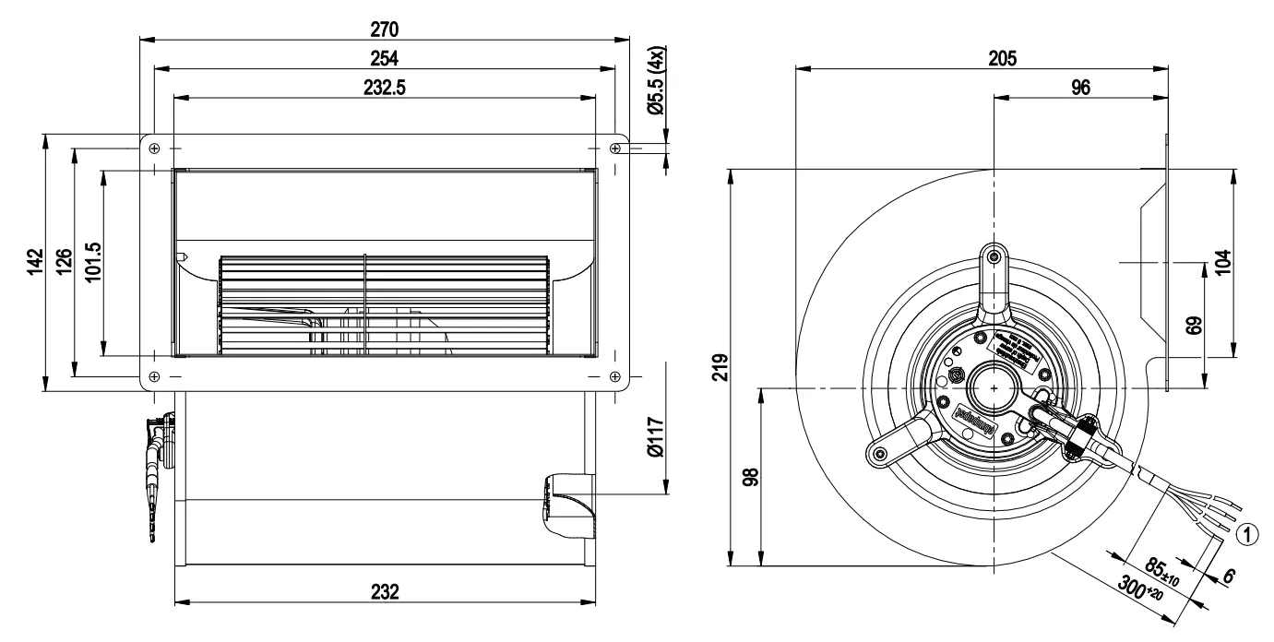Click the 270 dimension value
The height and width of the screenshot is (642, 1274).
coord(384,29)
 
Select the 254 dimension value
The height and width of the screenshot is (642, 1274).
coord(384,58)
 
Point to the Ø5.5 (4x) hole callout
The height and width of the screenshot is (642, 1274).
coord(656,80)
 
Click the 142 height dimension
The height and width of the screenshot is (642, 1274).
coord(33,263)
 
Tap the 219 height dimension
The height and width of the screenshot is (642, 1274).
coord(720,367)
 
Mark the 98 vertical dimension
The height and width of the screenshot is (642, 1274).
coord(750,477)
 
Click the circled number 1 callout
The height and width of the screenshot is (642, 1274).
coord(1245,532)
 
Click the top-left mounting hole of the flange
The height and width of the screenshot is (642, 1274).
coord(154,149)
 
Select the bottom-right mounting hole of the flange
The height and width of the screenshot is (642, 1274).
coord(616,376)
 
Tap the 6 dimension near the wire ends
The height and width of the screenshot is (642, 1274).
coord(1227,575)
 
